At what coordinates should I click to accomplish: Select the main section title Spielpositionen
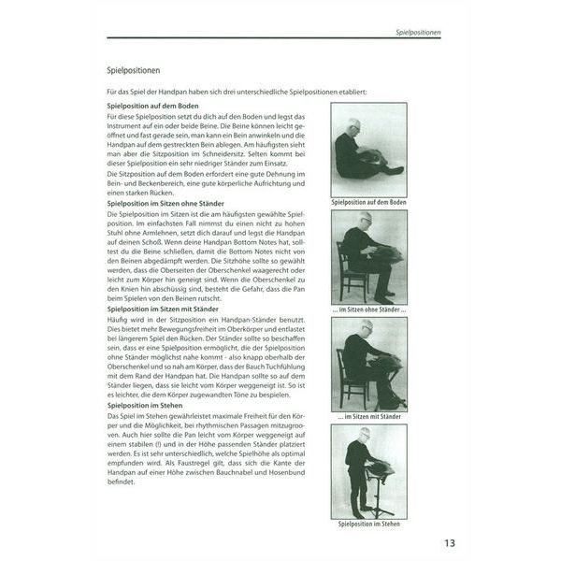pos(137,70)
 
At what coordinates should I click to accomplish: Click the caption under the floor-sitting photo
pos(368,202)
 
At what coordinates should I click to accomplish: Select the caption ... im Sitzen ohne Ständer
pos(368,310)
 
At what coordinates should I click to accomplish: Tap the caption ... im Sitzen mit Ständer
pos(368,417)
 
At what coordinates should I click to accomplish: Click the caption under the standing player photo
pos(368,525)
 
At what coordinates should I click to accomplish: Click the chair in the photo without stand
pos(352,276)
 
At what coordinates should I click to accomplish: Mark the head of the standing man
pos(366,435)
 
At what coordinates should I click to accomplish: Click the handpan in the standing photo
pos(380,465)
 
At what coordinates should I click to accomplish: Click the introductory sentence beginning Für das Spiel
pos(237,91)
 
